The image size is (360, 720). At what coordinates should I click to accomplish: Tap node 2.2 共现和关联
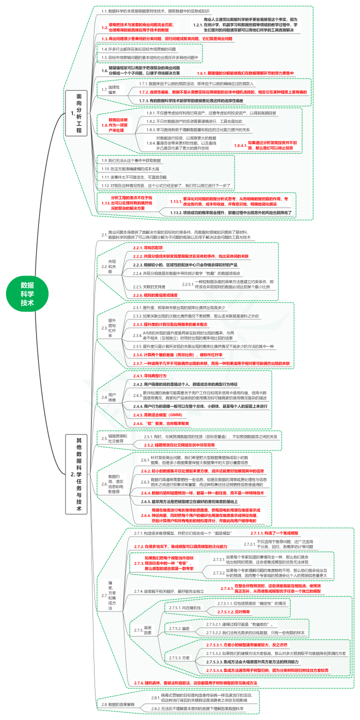coord(111,267)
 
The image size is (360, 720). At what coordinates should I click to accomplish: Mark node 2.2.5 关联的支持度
coord(151,286)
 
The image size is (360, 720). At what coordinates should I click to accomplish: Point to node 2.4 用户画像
coord(111,397)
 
